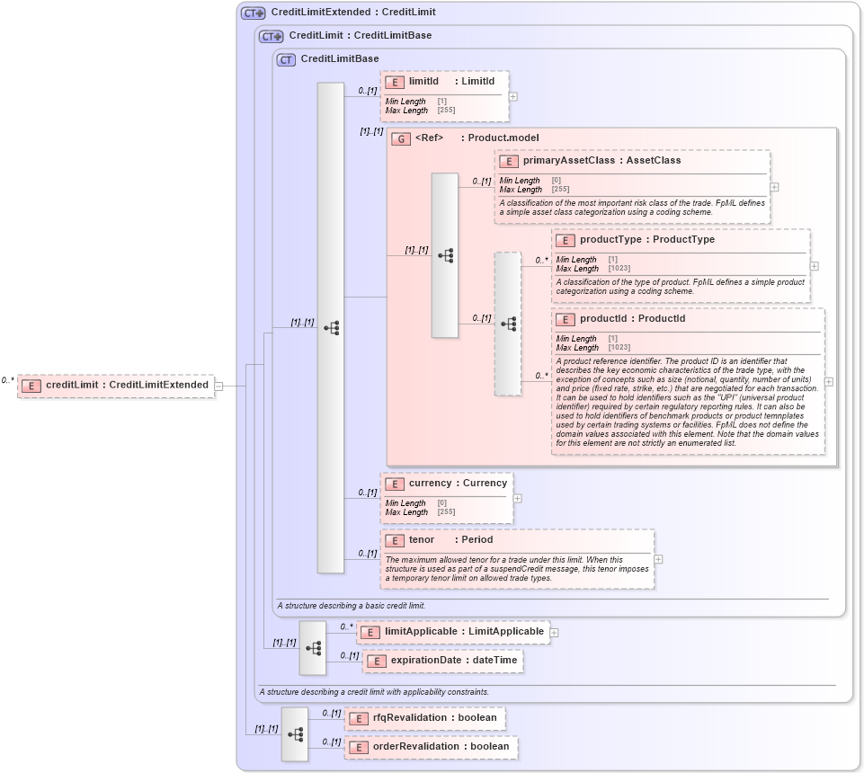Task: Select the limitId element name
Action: click(423, 81)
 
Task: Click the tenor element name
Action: click(421, 540)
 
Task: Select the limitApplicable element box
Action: click(453, 632)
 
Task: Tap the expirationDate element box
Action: click(442, 661)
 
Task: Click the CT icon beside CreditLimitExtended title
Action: click(253, 13)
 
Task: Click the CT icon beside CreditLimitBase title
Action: click(287, 59)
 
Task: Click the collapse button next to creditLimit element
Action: click(218, 386)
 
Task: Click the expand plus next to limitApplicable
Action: click(554, 633)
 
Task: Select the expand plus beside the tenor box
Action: click(659, 558)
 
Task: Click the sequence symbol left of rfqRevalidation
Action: click(294, 733)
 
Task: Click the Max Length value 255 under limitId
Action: click(446, 110)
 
